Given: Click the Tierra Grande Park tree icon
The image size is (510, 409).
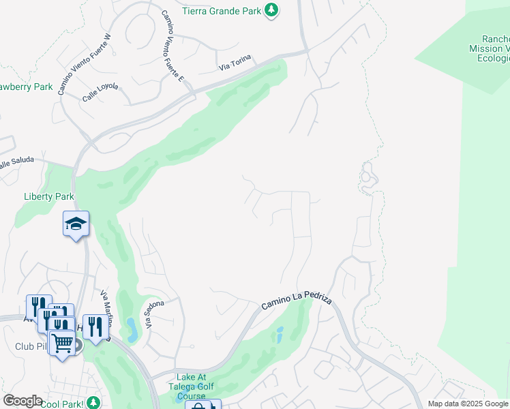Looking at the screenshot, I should (271, 11).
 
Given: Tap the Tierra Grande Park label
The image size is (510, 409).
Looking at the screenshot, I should (222, 11).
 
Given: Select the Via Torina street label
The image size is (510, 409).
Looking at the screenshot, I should (235, 65).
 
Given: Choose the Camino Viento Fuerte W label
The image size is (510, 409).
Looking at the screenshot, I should (83, 65).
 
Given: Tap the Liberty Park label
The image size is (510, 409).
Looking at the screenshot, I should (49, 196).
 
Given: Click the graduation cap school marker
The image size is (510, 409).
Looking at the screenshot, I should (76, 223).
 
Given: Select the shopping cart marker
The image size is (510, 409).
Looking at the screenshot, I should (62, 342).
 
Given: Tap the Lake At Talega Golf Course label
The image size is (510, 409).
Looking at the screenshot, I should (195, 387).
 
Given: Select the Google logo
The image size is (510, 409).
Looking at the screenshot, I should (22, 401).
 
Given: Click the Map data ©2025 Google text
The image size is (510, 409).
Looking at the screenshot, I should (468, 404).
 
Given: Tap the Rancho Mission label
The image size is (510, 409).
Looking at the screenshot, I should (489, 48).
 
